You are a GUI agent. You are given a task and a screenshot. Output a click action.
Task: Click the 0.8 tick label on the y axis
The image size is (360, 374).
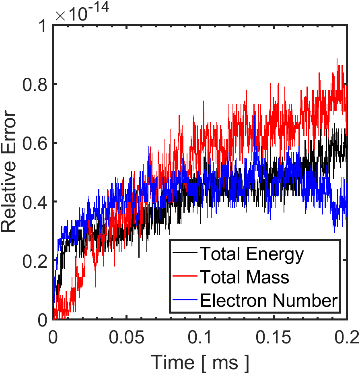[35, 84]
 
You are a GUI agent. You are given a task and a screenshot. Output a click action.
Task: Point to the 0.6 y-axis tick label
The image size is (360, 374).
[35, 143]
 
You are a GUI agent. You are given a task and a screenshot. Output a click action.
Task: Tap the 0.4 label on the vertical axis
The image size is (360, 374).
[35, 202]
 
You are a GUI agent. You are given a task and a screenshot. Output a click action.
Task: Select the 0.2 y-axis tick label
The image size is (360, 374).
[35, 260]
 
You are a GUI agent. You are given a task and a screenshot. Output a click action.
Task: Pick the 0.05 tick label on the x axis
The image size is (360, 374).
[127, 337]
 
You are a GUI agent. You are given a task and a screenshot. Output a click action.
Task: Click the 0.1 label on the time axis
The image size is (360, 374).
[200, 337]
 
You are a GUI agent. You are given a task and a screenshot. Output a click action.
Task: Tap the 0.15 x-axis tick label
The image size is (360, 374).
[274, 337]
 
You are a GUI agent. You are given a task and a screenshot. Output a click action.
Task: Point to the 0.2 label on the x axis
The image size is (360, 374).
[346, 337]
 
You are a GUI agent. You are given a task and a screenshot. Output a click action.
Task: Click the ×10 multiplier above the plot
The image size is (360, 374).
[71, 14]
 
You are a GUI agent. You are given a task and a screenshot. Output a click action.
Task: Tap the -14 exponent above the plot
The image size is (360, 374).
[98, 7]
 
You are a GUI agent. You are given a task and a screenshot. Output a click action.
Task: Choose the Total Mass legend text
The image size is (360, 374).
[245, 277]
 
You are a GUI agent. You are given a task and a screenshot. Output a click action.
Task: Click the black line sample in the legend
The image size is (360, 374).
[185, 252]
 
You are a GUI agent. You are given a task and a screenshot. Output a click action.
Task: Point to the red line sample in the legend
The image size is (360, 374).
[185, 276]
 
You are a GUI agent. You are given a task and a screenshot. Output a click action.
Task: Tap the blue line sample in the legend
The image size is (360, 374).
[185, 300]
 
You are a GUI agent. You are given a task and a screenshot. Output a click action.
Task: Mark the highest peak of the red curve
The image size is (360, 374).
[337, 59]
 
